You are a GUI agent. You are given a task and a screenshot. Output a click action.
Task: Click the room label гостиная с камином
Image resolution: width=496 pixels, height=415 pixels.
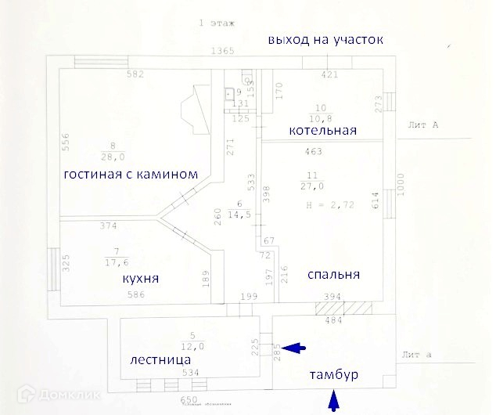128,174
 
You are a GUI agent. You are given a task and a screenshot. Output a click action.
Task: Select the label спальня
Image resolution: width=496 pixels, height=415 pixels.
334,275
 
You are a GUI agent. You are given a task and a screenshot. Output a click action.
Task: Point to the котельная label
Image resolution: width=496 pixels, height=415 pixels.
322,130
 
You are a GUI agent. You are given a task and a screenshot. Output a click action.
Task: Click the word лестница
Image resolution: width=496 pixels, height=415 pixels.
161,359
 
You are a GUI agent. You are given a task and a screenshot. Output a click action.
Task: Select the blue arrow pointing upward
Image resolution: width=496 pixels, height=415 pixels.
335,402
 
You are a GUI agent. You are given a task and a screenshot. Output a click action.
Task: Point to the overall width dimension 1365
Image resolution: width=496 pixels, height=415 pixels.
224,52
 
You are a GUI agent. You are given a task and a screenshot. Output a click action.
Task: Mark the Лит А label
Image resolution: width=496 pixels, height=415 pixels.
423,125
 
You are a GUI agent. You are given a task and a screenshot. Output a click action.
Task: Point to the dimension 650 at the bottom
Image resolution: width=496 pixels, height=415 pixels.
189,399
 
